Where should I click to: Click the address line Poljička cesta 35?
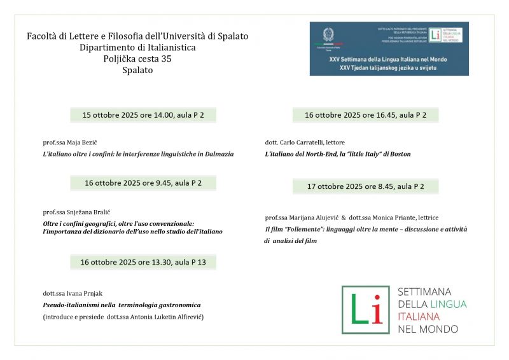pyautogui.click(x=137, y=59)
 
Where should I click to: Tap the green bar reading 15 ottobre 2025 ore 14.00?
pyautogui.click(x=143, y=115)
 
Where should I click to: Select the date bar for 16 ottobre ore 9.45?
pyautogui.click(x=143, y=183)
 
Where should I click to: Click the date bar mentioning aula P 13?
pyautogui.click(x=143, y=261)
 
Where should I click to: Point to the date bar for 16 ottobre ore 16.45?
pyautogui.click(x=365, y=115)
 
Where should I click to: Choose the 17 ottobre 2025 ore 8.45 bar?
pyautogui.click(x=365, y=186)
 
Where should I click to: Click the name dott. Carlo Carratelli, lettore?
pyautogui.click(x=305, y=142)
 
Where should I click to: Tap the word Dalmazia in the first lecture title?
pyautogui.click(x=217, y=154)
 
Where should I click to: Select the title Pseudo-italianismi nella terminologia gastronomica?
pyautogui.click(x=117, y=305)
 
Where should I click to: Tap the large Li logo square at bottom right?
pyautogui.click(x=365, y=310)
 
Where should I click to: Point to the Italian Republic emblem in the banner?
pyautogui.click(x=328, y=36)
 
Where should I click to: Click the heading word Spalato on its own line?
pyautogui.click(x=137, y=71)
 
